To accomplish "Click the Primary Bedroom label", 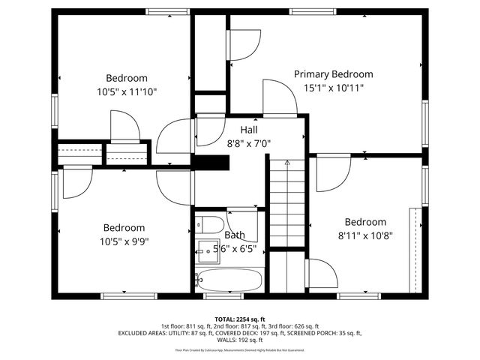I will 333,73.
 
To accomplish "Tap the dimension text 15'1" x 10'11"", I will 333,87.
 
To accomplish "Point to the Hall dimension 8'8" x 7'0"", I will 248,143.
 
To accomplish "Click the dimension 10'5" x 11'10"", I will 127,91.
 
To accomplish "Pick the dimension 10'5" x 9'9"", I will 124,241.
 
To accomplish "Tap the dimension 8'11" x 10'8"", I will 364,235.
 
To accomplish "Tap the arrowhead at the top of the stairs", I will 286,161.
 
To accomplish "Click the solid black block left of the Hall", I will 211,163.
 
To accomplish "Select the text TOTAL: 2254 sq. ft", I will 240,319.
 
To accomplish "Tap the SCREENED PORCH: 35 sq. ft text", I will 330,333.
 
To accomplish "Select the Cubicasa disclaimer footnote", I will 240,349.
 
